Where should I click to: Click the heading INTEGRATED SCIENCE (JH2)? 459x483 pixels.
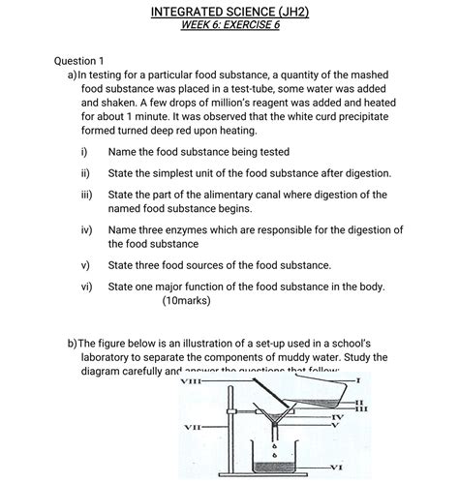[x=229, y=12]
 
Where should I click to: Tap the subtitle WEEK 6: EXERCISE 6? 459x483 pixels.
[x=229, y=26]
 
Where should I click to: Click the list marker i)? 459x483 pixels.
[x=85, y=152]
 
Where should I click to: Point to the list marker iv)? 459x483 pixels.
[x=86, y=229]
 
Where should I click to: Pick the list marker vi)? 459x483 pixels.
[x=86, y=287]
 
